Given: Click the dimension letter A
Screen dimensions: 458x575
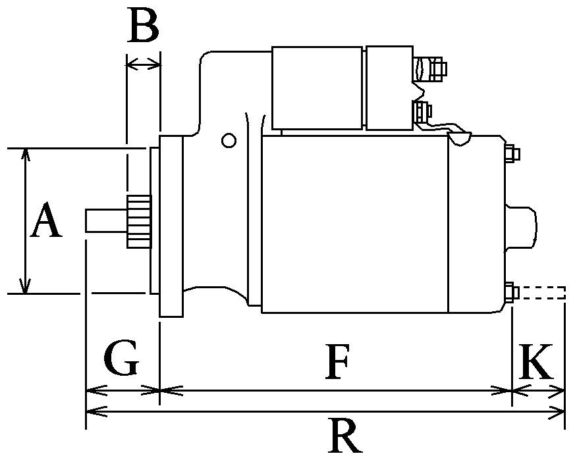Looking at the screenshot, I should [46, 222].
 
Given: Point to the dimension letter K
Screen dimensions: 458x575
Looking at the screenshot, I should [535, 361].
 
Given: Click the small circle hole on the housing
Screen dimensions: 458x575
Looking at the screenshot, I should [229, 140].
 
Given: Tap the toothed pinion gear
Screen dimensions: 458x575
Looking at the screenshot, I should [138, 221].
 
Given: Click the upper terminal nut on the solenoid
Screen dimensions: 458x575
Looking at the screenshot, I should [435, 68].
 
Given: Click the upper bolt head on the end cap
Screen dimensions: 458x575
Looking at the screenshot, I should [512, 154].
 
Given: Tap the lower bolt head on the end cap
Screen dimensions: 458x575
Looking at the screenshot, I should [512, 292].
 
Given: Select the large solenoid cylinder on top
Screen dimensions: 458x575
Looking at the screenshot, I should [317, 88].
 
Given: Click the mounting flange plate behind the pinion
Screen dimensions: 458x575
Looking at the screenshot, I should [171, 226].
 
